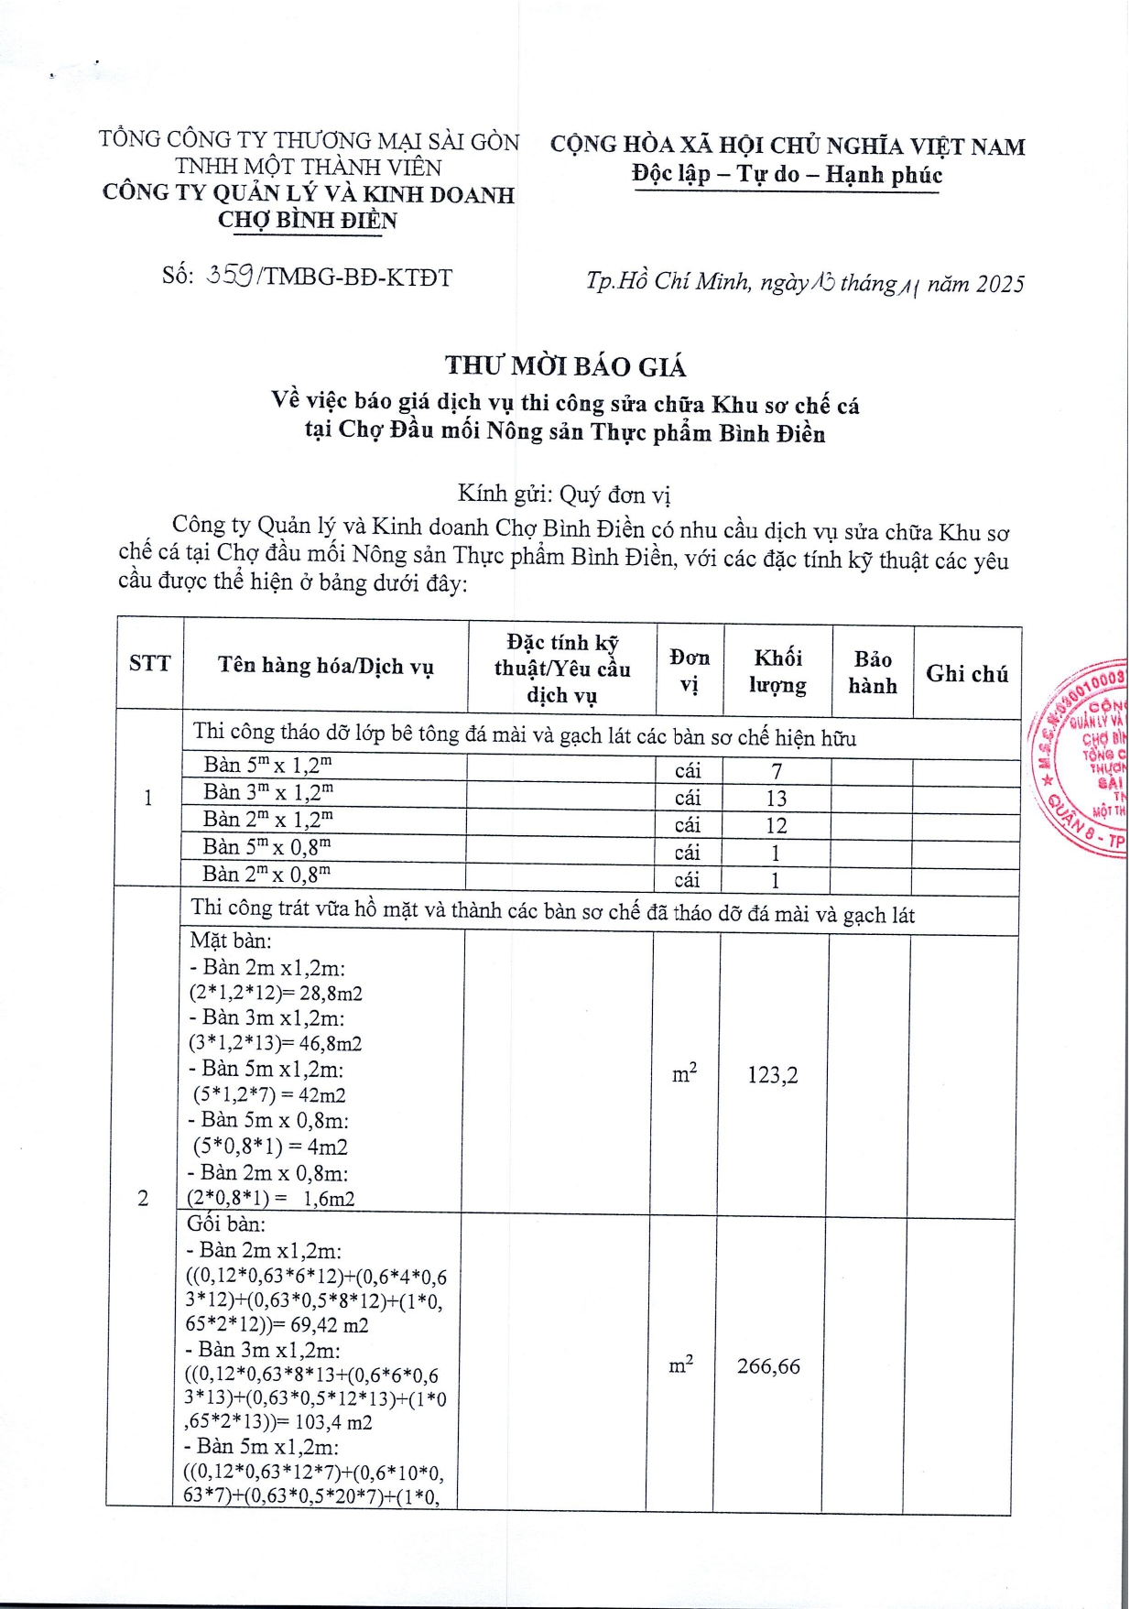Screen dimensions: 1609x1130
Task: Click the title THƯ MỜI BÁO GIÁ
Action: click(x=565, y=366)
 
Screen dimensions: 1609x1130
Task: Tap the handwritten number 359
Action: click(x=230, y=276)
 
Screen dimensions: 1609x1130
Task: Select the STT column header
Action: click(x=150, y=664)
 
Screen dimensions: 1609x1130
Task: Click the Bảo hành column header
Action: click(x=873, y=672)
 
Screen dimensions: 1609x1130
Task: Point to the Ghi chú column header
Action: click(x=967, y=674)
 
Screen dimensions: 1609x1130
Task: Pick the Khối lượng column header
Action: click(x=777, y=671)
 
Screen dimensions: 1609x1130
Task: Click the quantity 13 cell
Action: click(x=777, y=799)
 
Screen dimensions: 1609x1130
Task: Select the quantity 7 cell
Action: click(x=777, y=772)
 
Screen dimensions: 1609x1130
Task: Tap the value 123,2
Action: click(x=773, y=1075)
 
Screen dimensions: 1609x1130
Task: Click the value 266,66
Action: click(x=768, y=1366)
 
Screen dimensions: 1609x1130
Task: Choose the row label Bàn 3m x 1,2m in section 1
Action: click(x=267, y=791)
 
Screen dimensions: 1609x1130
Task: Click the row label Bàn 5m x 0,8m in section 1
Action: click(x=266, y=846)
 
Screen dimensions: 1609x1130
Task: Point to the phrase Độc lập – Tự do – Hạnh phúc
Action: click(x=787, y=175)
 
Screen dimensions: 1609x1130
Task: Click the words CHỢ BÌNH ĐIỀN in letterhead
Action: click(x=308, y=221)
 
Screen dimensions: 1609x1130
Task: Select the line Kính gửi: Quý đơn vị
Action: click(x=564, y=495)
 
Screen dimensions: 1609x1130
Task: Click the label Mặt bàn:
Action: click(x=231, y=940)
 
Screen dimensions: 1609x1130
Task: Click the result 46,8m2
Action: click(x=331, y=1044)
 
